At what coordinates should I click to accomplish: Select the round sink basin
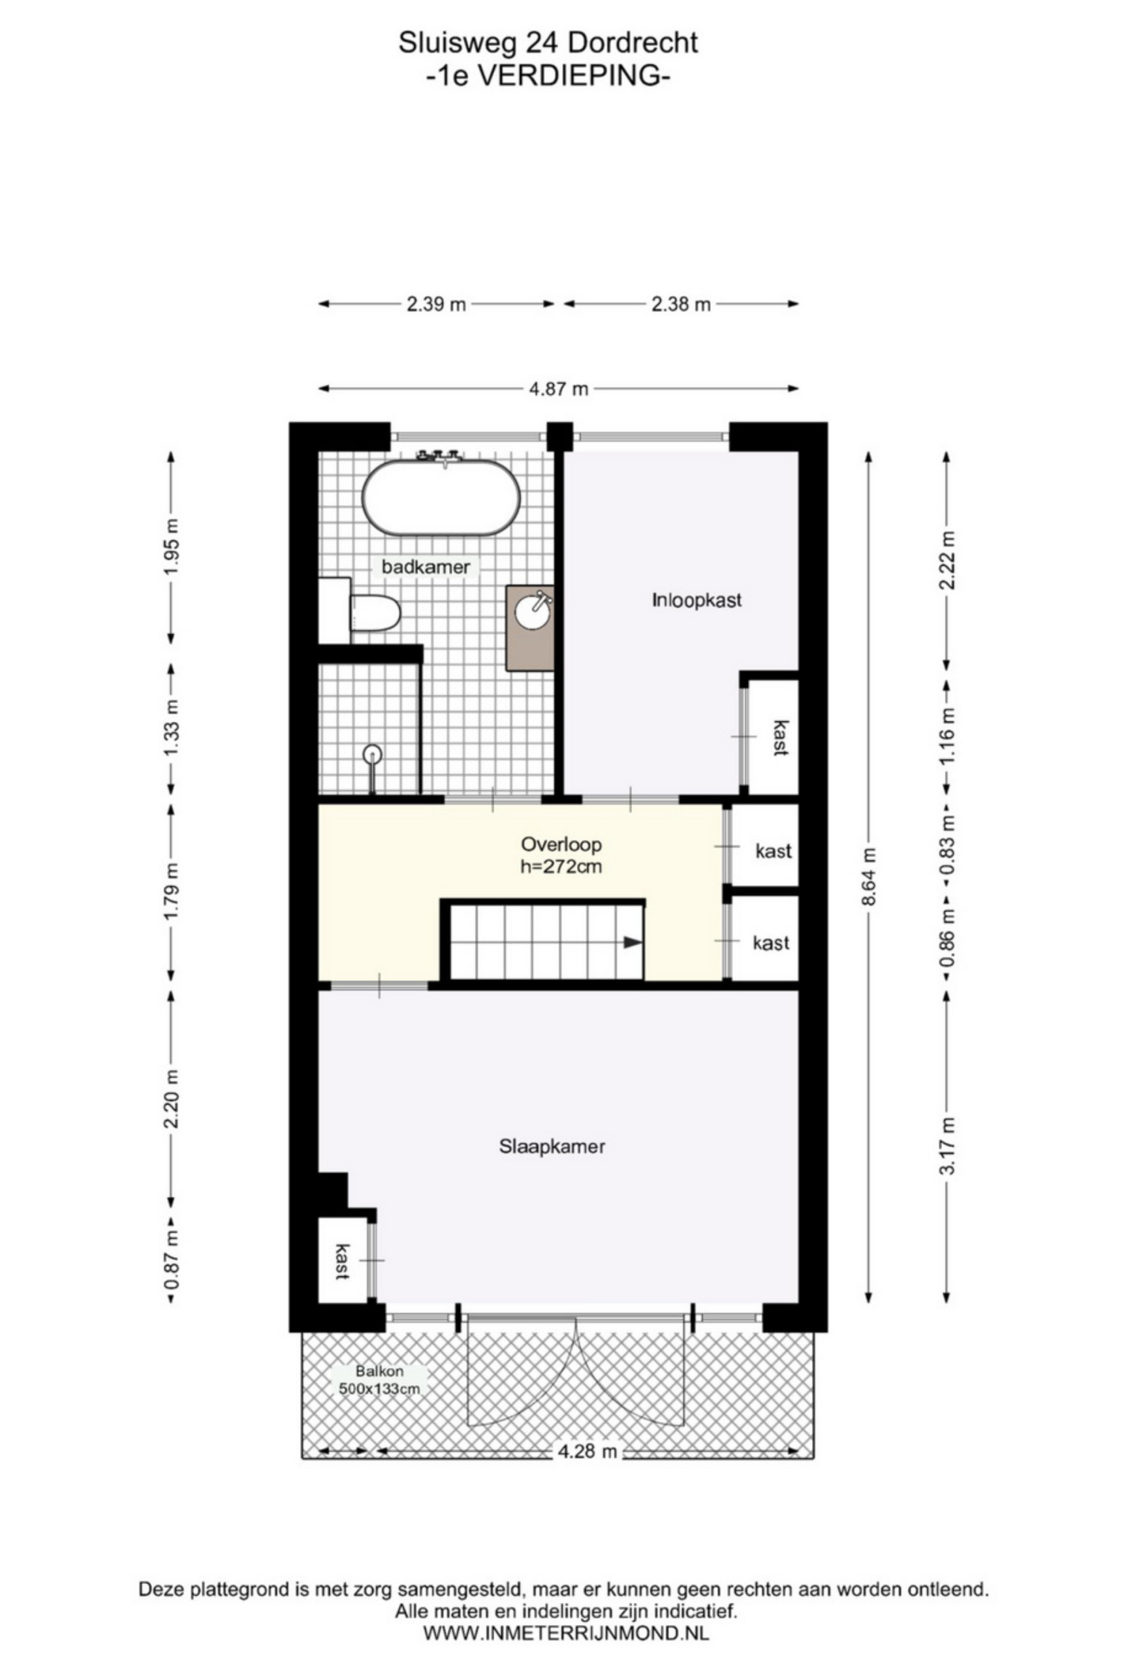(x=532, y=611)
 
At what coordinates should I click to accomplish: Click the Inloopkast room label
(x=696, y=601)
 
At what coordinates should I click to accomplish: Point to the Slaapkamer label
(x=552, y=1146)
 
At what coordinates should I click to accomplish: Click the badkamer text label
(x=426, y=567)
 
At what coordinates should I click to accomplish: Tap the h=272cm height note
(x=561, y=866)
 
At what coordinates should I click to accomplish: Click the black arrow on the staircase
(x=632, y=942)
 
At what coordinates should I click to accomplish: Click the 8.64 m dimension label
(x=868, y=877)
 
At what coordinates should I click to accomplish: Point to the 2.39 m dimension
(x=435, y=304)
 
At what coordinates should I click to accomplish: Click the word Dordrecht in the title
(x=632, y=43)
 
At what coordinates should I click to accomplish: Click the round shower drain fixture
(x=372, y=753)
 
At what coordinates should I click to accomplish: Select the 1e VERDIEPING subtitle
(x=548, y=75)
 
